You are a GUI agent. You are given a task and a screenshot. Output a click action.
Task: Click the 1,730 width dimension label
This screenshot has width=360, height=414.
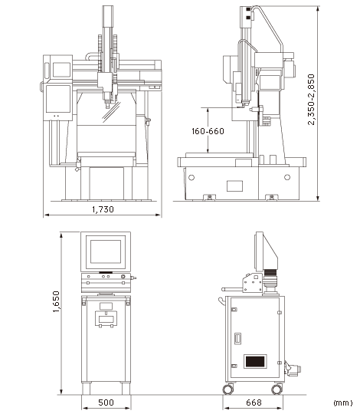[x=103, y=209]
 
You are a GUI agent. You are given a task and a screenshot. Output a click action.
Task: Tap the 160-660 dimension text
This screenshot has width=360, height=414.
[x=208, y=131]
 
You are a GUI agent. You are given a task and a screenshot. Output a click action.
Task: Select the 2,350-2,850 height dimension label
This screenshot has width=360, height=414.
[x=311, y=99]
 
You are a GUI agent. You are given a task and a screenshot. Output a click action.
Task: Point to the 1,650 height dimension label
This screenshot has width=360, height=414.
[x=56, y=301]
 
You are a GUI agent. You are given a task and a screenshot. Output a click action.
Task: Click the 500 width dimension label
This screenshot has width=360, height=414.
[x=106, y=402]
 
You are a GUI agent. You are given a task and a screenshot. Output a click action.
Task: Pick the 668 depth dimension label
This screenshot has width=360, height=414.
[x=254, y=402]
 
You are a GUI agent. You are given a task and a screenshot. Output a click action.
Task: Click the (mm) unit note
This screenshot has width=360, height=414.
[x=343, y=402]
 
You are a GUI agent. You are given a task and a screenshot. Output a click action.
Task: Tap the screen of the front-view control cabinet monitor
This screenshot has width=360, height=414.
[x=106, y=251]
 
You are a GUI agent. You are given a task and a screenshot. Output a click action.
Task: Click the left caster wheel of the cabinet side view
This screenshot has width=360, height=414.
[x=227, y=389]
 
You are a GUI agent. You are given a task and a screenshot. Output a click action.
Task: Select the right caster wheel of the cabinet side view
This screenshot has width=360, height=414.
[x=277, y=389]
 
